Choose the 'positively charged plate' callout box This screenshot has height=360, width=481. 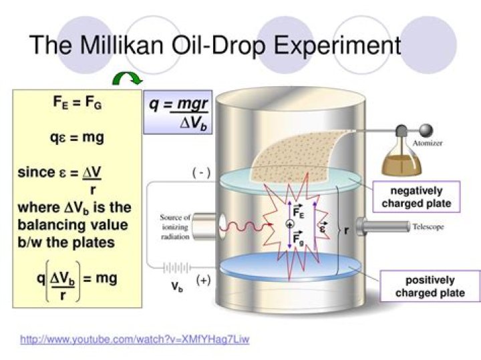coord(430,287)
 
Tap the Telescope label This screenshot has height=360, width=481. coord(428,227)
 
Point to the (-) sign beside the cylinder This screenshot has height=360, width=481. coord(201,173)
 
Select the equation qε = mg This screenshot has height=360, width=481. coord(77,138)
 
